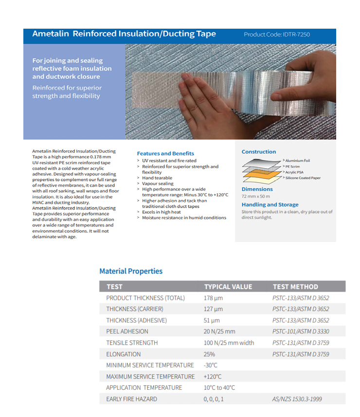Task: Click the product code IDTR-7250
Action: (x=277, y=35)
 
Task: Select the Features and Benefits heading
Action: (x=165, y=154)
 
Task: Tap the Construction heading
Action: (x=259, y=152)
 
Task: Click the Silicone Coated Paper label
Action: (x=303, y=178)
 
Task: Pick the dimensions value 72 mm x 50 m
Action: (x=256, y=196)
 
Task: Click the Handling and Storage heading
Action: (x=270, y=205)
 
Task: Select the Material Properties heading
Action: (x=131, y=271)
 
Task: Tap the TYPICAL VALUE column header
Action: (x=228, y=287)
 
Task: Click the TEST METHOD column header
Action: (x=295, y=287)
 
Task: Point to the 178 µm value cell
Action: (x=213, y=298)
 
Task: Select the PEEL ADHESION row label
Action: (x=127, y=331)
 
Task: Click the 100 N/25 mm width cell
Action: (x=229, y=343)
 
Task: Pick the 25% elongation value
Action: (x=209, y=354)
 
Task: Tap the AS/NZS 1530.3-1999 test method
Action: (x=297, y=399)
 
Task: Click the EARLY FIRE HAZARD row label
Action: (x=131, y=399)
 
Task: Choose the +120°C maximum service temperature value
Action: (x=213, y=377)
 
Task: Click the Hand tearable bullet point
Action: (x=157, y=178)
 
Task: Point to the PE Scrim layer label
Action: (x=293, y=166)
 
